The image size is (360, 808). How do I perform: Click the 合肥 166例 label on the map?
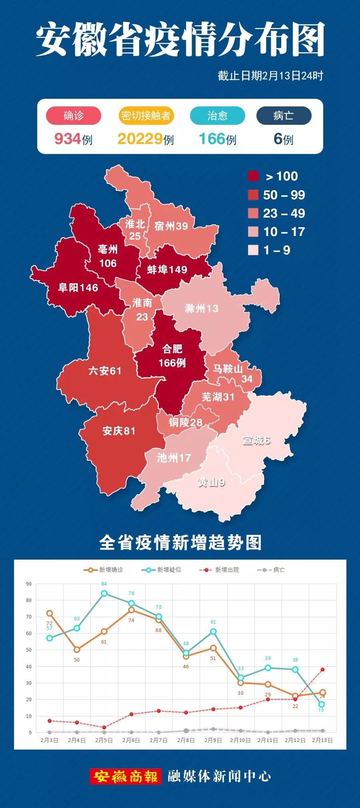(172, 356)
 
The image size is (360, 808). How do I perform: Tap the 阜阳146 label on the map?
(78, 288)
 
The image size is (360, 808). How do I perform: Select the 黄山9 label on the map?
(211, 483)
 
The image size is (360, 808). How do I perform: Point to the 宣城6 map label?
(256, 440)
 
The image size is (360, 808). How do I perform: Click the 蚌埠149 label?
(167, 270)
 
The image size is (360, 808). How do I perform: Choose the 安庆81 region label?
(119, 431)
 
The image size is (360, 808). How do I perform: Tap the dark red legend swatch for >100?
(253, 176)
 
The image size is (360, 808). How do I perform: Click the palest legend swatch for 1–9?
(253, 250)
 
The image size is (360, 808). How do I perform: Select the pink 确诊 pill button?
(74, 116)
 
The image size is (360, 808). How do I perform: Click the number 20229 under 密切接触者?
(140, 139)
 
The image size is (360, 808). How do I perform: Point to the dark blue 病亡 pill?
(284, 116)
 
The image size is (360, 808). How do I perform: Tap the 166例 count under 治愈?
(217, 139)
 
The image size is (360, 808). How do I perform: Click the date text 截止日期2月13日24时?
(270, 76)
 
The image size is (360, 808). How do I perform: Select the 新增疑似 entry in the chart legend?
(162, 570)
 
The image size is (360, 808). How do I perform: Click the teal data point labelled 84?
(104, 593)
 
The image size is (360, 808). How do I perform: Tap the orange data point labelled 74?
(131, 610)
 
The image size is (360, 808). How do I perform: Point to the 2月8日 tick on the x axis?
(186, 740)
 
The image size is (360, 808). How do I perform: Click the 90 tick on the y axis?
(29, 584)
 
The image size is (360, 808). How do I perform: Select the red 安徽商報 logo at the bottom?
(125, 776)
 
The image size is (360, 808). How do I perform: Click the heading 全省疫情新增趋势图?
(180, 543)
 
